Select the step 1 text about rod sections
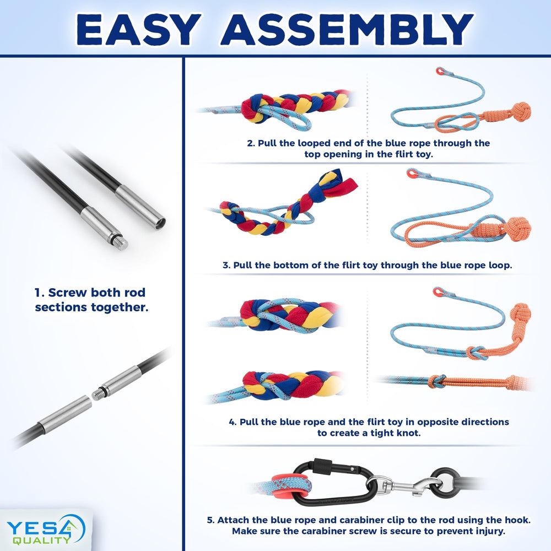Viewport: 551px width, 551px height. (91, 300)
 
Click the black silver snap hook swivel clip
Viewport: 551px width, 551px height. (397, 485)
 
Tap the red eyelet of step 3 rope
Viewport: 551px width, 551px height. (410, 174)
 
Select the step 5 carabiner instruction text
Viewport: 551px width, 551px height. (368, 526)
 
